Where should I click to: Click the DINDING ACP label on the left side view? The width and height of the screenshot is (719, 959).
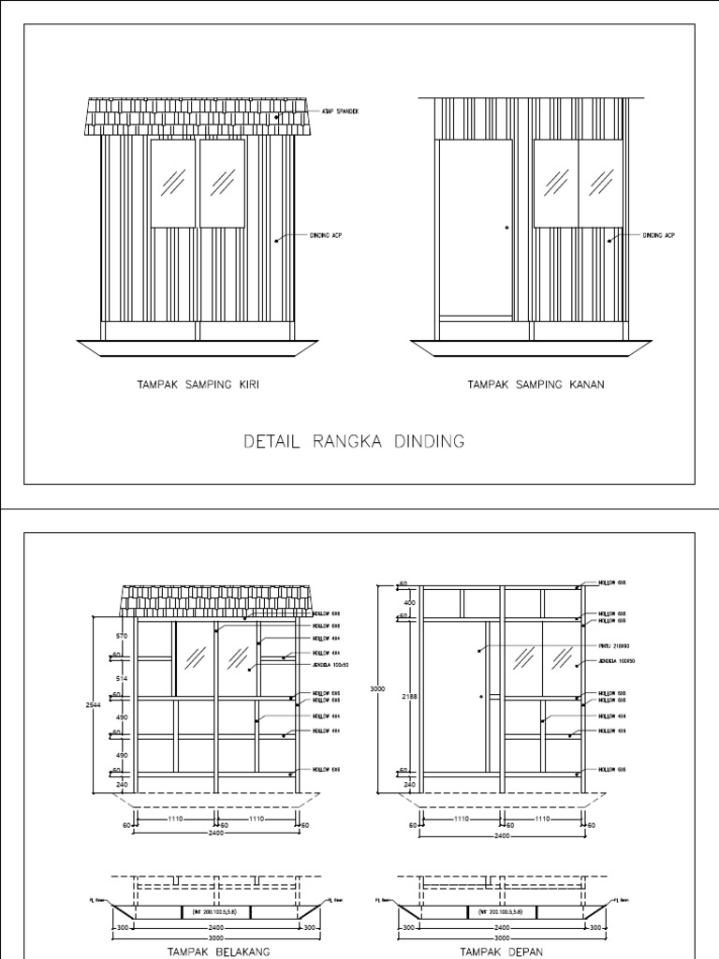pyautogui.click(x=326, y=235)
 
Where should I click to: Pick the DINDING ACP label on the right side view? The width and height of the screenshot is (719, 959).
pyautogui.click(x=659, y=235)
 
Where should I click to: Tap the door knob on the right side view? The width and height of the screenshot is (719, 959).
pyautogui.click(x=506, y=226)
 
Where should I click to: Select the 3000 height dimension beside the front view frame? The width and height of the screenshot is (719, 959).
pyautogui.click(x=377, y=688)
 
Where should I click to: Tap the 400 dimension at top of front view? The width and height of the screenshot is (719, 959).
pyautogui.click(x=406, y=603)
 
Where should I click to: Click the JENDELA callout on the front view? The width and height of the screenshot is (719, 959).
pyautogui.click(x=617, y=661)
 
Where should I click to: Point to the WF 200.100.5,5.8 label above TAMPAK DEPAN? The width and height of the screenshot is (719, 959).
pyautogui.click(x=502, y=909)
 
